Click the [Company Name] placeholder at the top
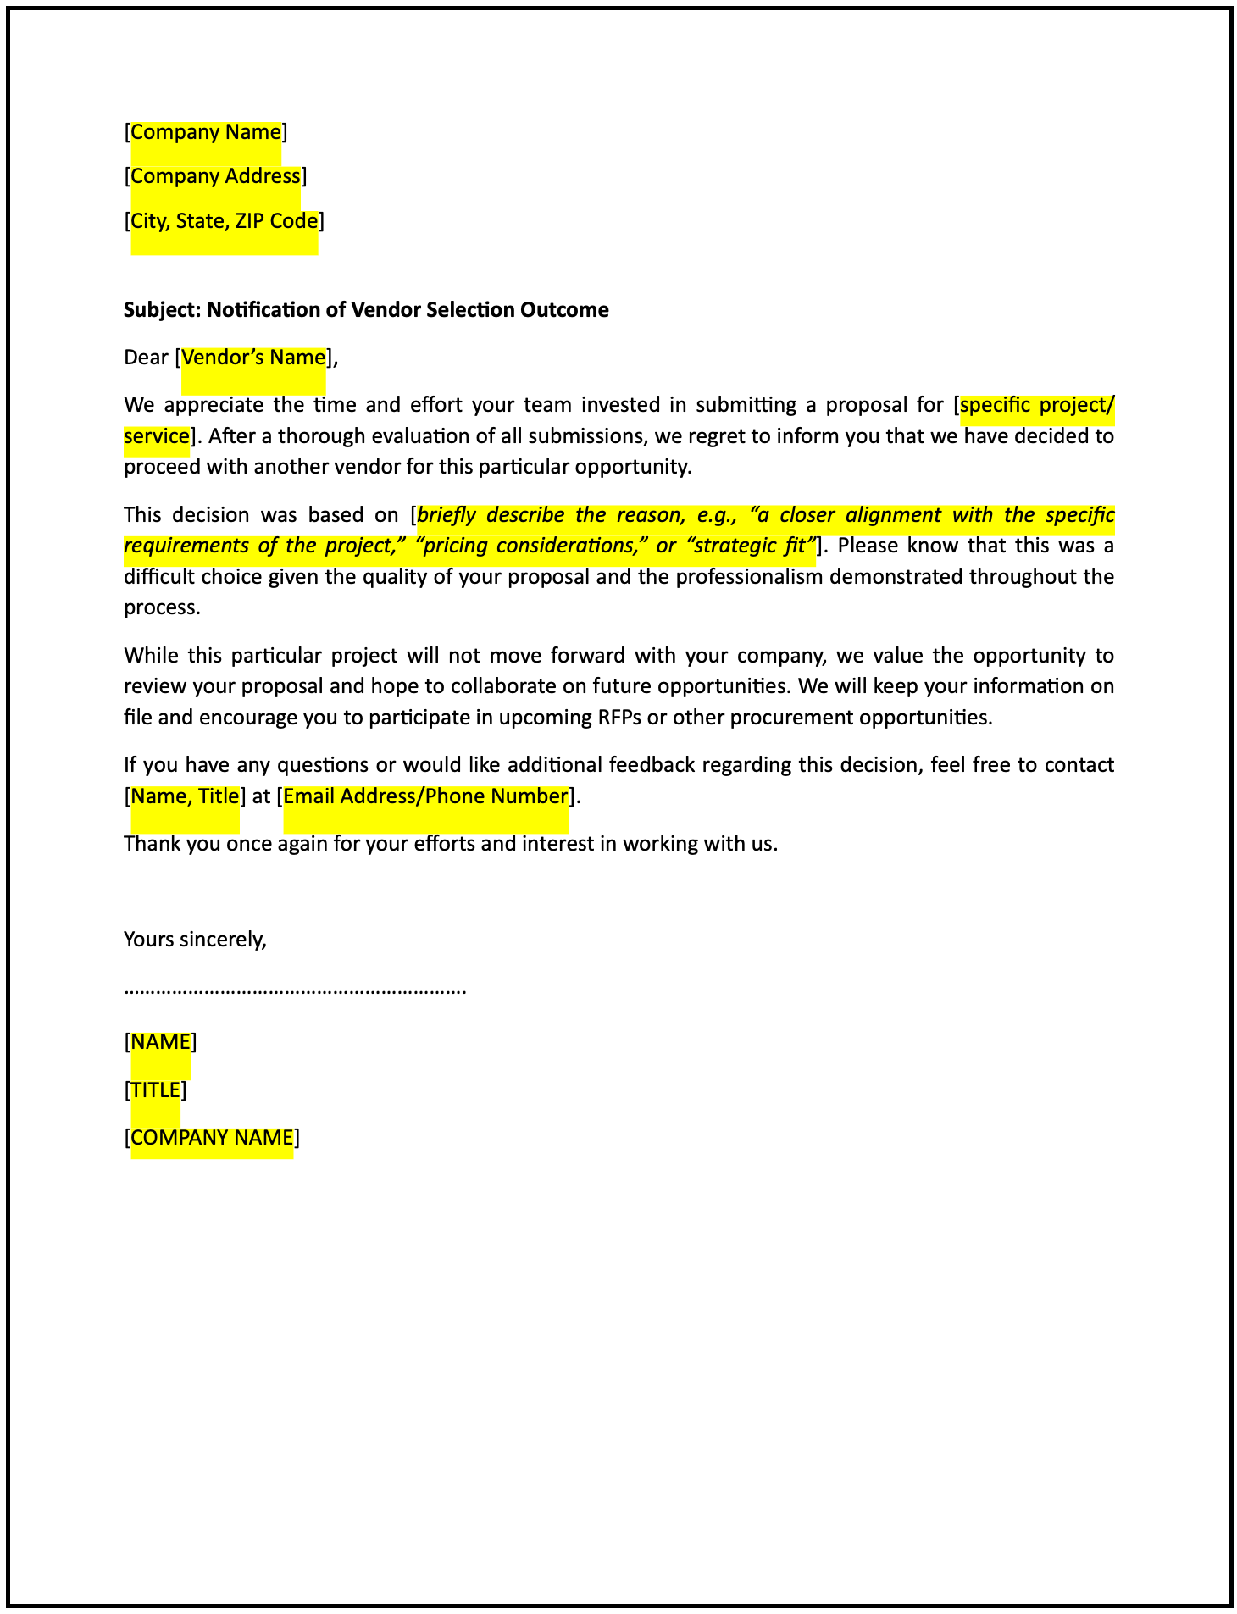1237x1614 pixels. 206,132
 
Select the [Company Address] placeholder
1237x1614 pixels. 215,176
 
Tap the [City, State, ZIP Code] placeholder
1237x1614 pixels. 225,221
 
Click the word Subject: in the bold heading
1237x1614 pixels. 163,310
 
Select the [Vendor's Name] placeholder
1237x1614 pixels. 253,358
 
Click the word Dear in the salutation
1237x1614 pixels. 146,358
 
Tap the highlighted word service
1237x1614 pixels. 156,436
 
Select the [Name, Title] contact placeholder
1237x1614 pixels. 185,796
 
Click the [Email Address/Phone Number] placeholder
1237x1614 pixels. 425,796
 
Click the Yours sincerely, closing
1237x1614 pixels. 195,939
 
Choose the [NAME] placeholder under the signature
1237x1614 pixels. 160,1042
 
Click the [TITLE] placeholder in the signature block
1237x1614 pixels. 155,1090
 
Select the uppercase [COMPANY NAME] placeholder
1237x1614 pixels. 212,1138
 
